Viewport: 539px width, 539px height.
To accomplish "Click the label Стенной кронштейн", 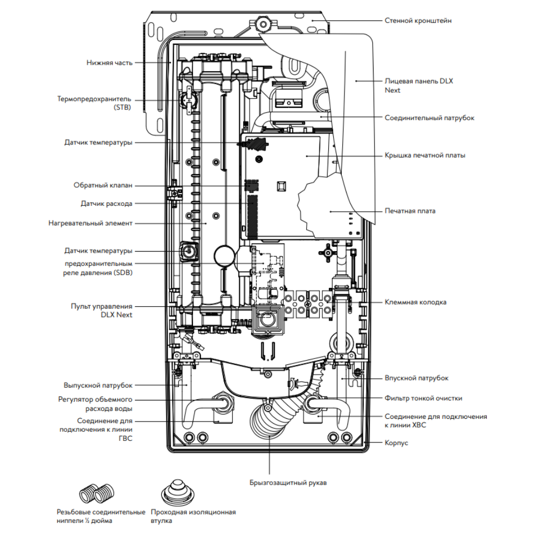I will (x=418, y=20).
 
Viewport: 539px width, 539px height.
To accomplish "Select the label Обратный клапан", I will (x=103, y=185).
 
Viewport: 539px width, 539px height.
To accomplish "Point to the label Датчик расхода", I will (x=106, y=204).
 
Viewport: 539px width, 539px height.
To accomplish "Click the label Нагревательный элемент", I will (x=90, y=223).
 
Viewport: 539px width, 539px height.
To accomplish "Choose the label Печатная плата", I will (x=410, y=211).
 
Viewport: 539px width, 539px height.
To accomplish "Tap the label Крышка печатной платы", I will (x=425, y=155).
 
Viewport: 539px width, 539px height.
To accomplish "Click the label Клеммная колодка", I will (x=415, y=302).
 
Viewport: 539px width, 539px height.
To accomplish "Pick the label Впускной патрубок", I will (x=417, y=378).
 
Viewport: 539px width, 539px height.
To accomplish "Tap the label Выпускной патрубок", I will (x=98, y=385).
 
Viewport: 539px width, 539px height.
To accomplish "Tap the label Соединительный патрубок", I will (x=430, y=118).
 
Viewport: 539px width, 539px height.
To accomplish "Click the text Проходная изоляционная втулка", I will (x=194, y=517).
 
